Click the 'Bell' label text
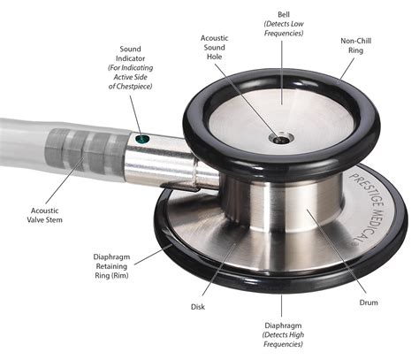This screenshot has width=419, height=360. (284, 12)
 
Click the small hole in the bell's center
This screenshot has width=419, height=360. (282, 138)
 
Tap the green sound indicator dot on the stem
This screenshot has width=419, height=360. (141, 138)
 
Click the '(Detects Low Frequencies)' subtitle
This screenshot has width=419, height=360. (284, 29)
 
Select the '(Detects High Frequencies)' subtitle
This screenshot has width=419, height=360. (284, 344)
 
